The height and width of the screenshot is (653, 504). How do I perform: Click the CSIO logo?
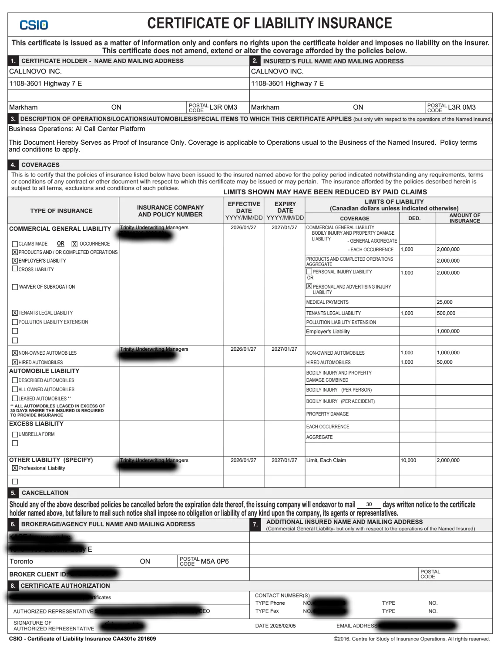point(34,25)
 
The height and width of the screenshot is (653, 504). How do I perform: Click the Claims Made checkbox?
point(15,244)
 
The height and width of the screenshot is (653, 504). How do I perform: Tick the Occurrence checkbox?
point(74,244)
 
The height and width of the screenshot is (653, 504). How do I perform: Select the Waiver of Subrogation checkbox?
point(15,287)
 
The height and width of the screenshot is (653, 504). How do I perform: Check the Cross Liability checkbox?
point(15,269)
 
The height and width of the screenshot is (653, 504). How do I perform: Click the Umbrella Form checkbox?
point(15,434)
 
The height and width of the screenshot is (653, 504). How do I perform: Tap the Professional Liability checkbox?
point(15,468)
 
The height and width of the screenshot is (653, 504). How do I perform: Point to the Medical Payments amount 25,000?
point(444,302)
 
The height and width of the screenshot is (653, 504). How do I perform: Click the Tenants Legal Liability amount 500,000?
point(446,313)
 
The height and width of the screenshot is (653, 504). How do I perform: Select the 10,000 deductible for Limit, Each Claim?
point(408,460)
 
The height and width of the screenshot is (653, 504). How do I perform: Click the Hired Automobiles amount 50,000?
point(444,362)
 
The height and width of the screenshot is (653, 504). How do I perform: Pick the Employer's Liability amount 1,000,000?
point(448,331)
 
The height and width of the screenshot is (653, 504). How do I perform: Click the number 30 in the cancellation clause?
point(369,505)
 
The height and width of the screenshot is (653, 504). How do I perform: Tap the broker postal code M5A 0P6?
point(215,562)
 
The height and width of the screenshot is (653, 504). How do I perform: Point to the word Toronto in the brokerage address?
point(21,562)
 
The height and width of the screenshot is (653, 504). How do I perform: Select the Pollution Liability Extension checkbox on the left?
point(15,322)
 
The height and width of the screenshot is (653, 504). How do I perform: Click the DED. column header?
point(414,218)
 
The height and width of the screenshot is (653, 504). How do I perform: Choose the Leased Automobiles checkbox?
point(15,399)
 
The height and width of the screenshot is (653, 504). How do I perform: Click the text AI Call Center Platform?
point(110,129)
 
